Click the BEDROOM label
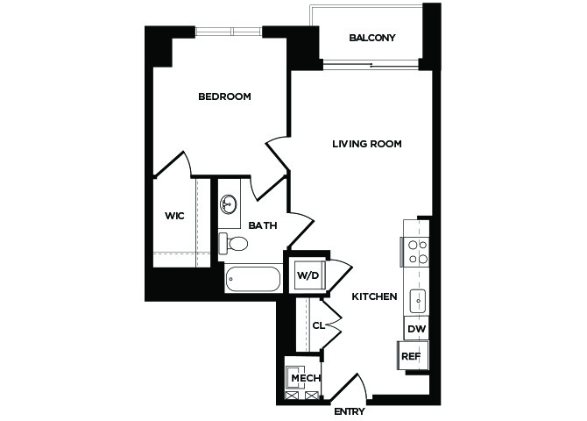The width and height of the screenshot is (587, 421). pos(224,96)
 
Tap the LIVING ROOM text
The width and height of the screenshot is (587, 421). pos(367,144)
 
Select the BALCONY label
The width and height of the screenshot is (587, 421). pos(372,38)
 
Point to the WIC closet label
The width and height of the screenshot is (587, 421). pos(174,216)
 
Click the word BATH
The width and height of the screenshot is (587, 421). pos(263,225)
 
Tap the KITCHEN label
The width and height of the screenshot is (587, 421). pos(374,296)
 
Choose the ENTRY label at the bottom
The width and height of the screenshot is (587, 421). pos(350,411)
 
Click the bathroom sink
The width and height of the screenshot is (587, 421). pos(228,204)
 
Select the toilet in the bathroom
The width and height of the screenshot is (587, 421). pos(234,243)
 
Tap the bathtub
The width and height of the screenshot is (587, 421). pos(253,279)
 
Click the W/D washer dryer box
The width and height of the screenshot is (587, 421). pos(309,275)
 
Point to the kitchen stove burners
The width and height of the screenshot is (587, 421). pos(418,252)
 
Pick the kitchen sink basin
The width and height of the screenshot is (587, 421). pos(418,301)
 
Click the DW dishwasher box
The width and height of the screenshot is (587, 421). pos(416,329)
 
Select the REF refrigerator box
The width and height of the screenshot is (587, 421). pos(412,355)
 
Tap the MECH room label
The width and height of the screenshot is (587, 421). pos(306,378)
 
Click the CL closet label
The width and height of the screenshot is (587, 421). pos(319,325)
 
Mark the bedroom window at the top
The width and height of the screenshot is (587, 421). pos(229,31)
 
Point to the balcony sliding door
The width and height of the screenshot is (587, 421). pos(371,65)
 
